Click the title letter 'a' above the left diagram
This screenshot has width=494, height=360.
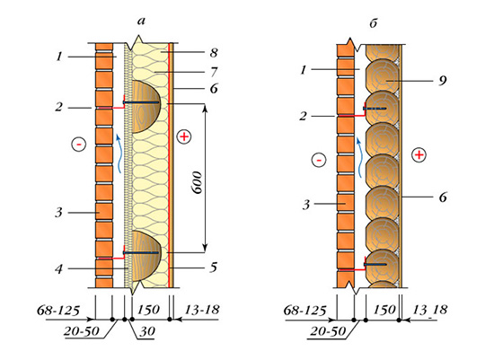coord(141,22)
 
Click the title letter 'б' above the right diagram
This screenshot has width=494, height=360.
coord(374,23)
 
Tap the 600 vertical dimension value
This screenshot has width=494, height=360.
coord(198,182)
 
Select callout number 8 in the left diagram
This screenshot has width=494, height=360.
coord(214,52)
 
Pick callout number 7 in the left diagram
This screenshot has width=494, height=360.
coord(215,72)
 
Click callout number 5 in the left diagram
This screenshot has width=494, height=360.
coord(214,268)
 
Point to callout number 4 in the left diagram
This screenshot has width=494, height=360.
coord(59,269)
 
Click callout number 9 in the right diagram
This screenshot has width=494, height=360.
coord(443,81)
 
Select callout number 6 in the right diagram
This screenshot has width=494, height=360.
coord(443,198)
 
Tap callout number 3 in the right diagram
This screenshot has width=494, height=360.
coord(306,205)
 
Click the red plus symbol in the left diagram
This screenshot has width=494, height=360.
coord(184,136)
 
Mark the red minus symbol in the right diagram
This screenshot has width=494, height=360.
coord(319,161)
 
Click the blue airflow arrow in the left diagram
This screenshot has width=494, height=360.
coord(119,154)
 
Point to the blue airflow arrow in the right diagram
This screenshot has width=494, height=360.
coord(360,157)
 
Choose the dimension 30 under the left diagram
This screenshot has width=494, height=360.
coord(147,331)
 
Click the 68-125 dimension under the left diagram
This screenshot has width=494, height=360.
coord(58,311)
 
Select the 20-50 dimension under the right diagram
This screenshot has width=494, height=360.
coord(328,331)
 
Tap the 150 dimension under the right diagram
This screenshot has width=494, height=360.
coord(384,310)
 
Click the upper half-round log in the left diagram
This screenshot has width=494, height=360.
coord(146,107)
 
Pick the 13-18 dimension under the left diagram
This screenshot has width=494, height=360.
coord(202,310)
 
